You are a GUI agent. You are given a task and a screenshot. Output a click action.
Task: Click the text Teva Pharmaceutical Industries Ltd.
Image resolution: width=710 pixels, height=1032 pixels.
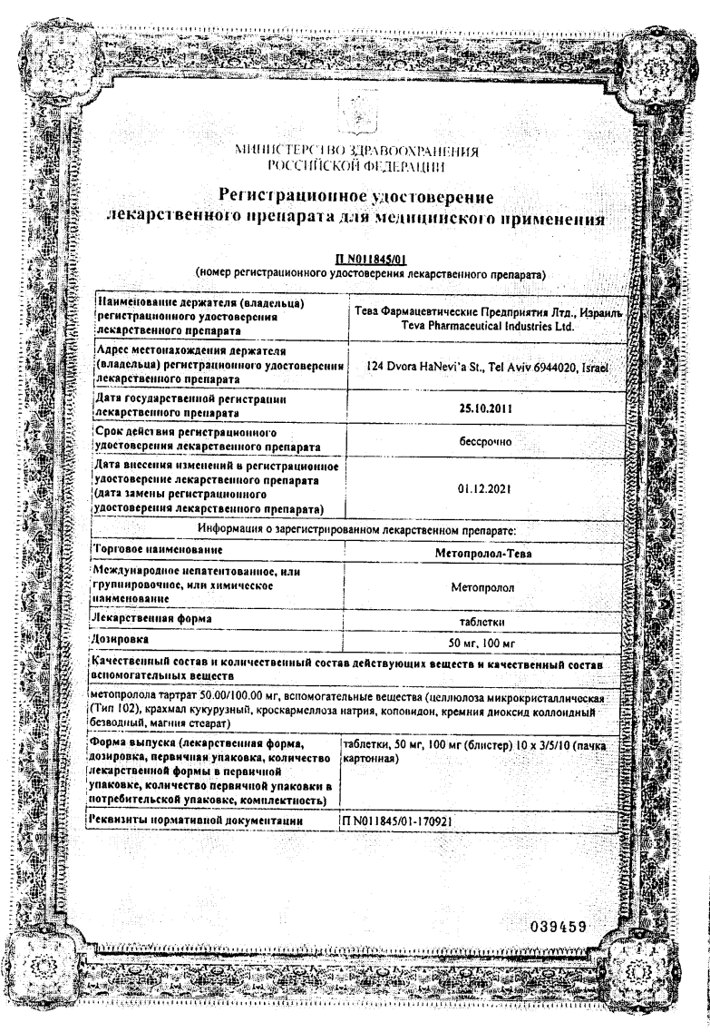(x=483, y=325)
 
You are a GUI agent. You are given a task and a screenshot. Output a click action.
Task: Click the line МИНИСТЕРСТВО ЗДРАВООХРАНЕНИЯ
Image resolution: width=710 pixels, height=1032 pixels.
(x=355, y=151)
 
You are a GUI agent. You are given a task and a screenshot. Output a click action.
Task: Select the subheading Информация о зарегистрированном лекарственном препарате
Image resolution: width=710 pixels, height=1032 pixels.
(x=355, y=529)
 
